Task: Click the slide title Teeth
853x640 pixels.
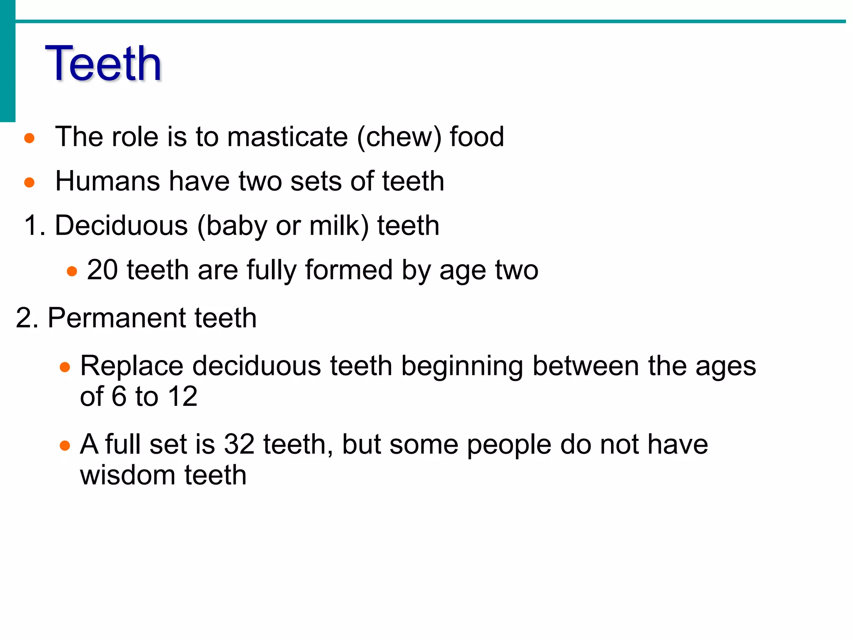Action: [x=103, y=63]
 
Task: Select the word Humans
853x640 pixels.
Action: [x=107, y=181]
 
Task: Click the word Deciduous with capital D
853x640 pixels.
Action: [x=121, y=225]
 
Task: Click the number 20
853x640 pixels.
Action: [x=102, y=270]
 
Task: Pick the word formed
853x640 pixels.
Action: [x=349, y=270]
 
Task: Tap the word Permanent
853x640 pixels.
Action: [x=117, y=318]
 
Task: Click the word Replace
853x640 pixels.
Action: [x=132, y=366]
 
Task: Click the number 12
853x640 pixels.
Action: [x=183, y=396]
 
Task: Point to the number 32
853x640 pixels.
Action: [x=239, y=444]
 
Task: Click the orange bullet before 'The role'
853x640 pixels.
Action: [x=29, y=138]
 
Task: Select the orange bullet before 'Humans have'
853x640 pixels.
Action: [x=29, y=182]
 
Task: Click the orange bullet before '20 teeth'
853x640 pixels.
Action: [x=72, y=272]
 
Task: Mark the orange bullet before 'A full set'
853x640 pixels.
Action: [x=65, y=446]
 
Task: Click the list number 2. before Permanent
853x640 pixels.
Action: [x=27, y=318]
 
